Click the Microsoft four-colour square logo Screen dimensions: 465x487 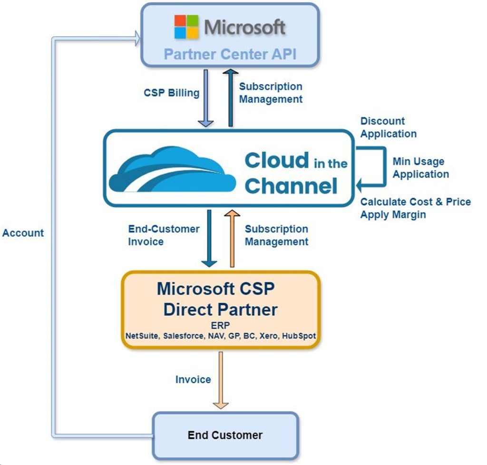click(x=187, y=27)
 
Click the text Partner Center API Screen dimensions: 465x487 click(x=230, y=54)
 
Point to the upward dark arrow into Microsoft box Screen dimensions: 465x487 click(x=231, y=97)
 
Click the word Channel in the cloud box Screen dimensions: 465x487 click(x=291, y=185)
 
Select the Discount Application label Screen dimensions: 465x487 click(x=388, y=127)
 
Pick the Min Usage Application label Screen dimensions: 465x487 click(x=420, y=168)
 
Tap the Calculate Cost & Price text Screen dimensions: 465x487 click(x=415, y=202)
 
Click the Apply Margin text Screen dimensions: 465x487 click(x=393, y=215)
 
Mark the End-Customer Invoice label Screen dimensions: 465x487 click(x=163, y=235)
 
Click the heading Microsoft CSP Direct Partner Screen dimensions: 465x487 click(x=220, y=299)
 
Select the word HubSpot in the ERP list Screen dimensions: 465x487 click(x=299, y=336)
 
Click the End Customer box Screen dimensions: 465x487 click(x=225, y=435)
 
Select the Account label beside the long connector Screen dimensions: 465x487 click(x=23, y=233)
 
